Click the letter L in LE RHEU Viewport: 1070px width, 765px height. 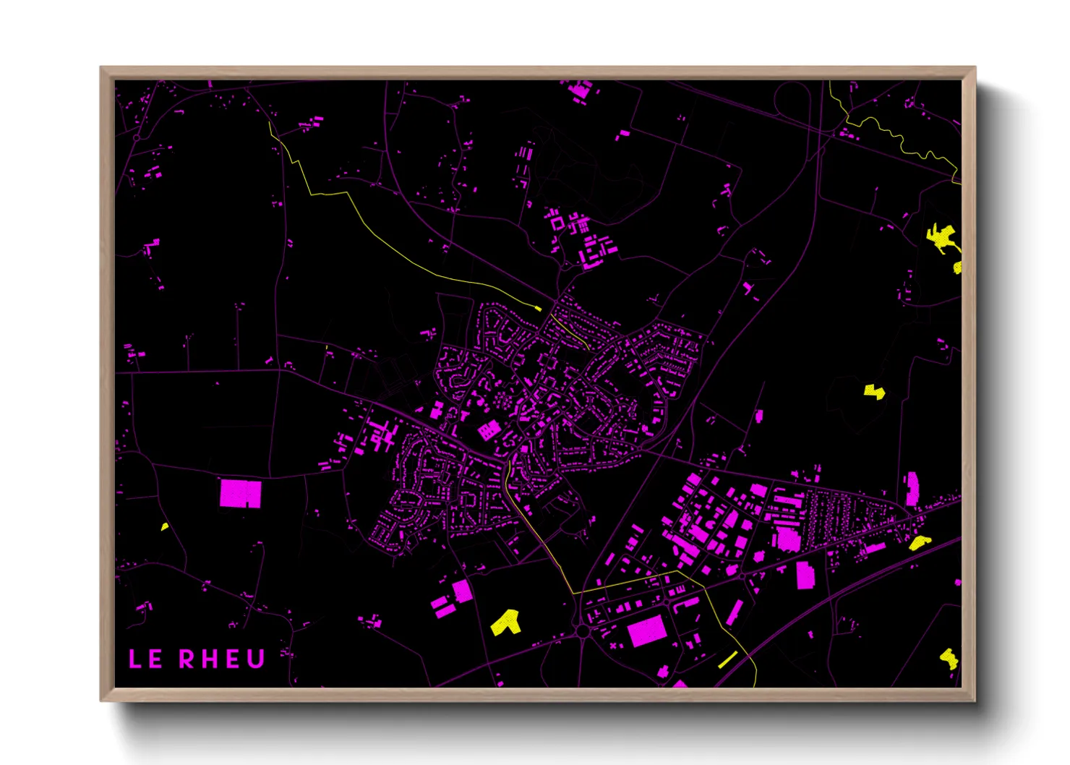tap(134, 659)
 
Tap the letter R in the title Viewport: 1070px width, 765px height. tap(187, 659)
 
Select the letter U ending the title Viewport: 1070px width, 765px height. tap(257, 659)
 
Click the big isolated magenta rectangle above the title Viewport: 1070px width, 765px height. tap(240, 493)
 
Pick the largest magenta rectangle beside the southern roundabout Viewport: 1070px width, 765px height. tap(646, 631)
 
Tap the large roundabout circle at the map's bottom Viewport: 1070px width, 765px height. tap(582, 632)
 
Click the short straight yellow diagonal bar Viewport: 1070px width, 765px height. tap(727, 659)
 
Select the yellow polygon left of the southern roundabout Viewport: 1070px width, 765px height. tap(506, 623)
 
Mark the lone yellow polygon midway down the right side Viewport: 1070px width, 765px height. tap(875, 392)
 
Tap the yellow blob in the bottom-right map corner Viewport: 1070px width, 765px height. tap(949, 658)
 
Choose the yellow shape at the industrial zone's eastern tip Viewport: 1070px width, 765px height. tap(919, 542)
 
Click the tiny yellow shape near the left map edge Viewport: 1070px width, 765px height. tap(165, 526)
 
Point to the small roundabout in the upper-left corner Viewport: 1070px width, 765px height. tap(137, 137)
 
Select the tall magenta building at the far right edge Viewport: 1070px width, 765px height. tap(912, 488)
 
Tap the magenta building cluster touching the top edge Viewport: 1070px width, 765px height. tap(579, 90)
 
